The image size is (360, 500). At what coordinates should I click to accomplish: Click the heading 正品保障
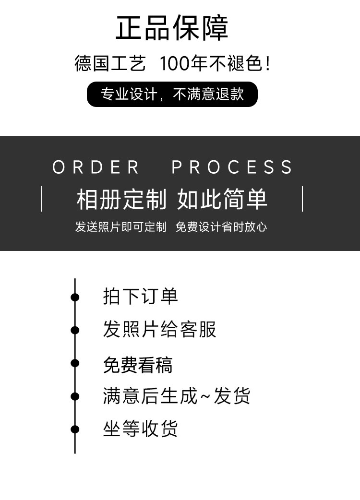click(172, 28)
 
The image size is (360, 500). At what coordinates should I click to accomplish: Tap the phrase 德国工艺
click(110, 63)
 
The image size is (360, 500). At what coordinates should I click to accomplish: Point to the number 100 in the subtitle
click(174, 63)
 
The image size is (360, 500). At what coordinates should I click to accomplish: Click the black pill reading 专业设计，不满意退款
click(172, 94)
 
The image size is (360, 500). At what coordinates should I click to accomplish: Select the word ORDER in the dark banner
click(96, 167)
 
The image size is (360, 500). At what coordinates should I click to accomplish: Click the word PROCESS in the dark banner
click(232, 167)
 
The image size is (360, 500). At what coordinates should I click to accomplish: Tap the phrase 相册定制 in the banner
click(121, 199)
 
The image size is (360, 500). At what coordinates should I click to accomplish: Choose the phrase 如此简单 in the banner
click(222, 199)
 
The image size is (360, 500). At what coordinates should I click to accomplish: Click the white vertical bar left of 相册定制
click(42, 199)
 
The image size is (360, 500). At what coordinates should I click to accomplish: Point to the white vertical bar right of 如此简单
click(302, 199)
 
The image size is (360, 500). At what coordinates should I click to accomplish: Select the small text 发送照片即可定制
click(121, 227)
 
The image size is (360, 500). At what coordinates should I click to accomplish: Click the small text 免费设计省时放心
click(221, 227)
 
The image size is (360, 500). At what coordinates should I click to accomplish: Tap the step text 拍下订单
click(140, 296)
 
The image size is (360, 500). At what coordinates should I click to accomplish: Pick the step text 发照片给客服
click(159, 329)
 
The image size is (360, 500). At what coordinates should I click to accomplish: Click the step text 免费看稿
click(138, 365)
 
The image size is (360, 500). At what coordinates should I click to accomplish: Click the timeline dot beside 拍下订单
click(75, 297)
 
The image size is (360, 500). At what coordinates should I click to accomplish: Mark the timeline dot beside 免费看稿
click(75, 363)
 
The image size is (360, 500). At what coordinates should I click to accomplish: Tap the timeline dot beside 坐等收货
click(75, 429)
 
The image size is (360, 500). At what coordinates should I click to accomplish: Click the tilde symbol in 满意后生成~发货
click(205, 396)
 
